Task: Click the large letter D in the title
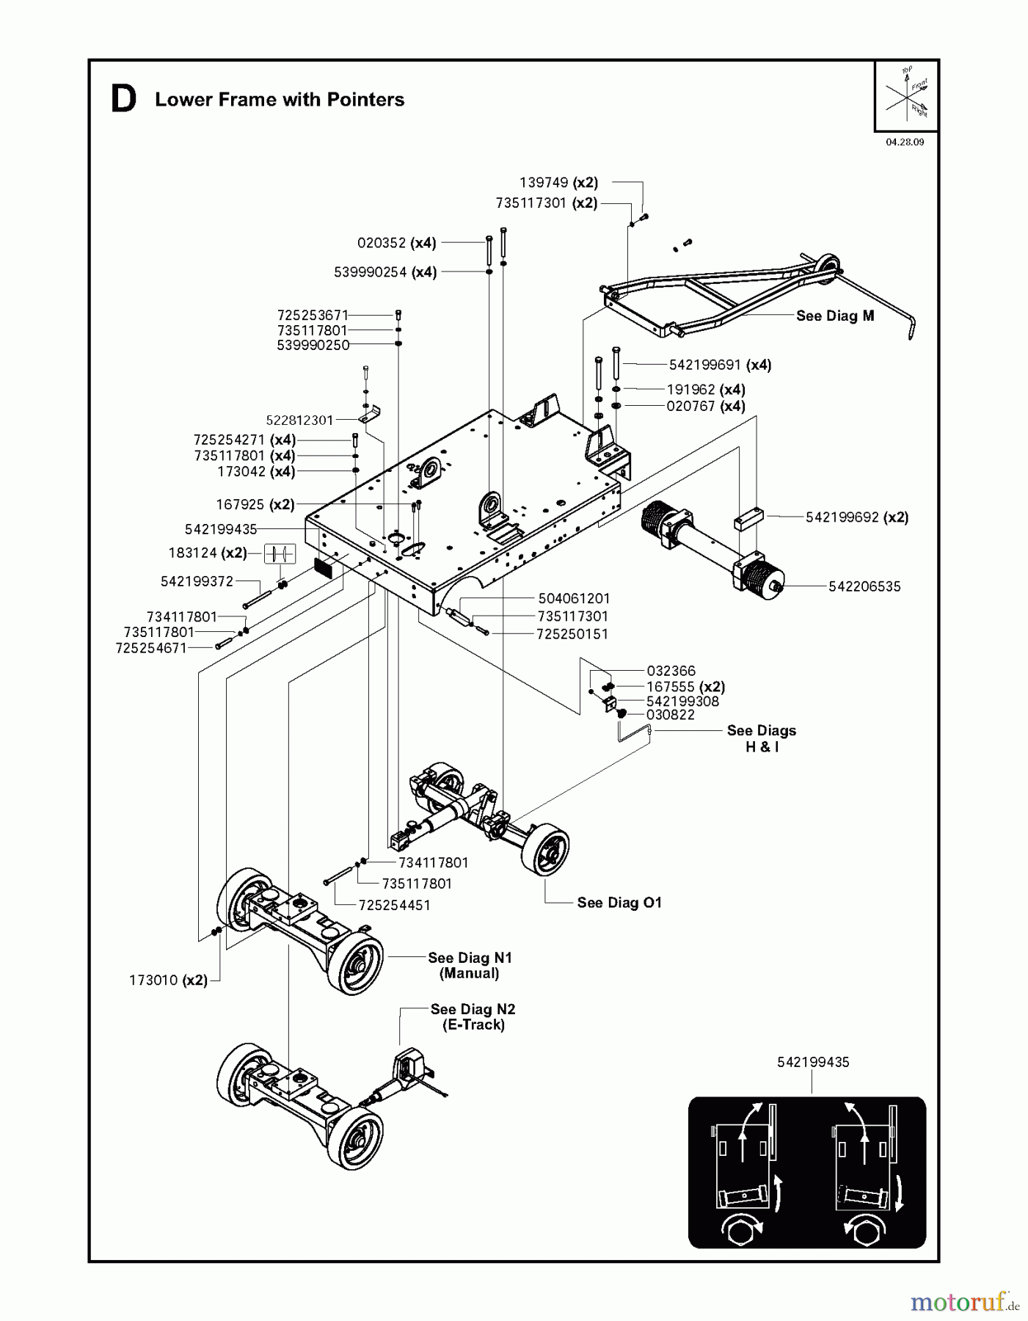click(x=123, y=100)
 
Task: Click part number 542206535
click(x=864, y=586)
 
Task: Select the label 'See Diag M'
click(x=835, y=316)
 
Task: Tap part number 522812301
click(x=299, y=421)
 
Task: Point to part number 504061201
click(x=574, y=599)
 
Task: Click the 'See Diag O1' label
click(x=619, y=903)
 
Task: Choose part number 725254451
click(x=394, y=906)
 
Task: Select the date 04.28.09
click(x=905, y=142)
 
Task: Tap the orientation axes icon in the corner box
click(x=907, y=94)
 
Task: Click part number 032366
click(x=671, y=671)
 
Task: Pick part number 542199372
click(x=197, y=581)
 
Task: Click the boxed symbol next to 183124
click(x=280, y=553)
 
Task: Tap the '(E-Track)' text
click(x=473, y=1025)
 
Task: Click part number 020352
click(x=382, y=243)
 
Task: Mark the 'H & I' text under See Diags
click(x=762, y=747)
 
